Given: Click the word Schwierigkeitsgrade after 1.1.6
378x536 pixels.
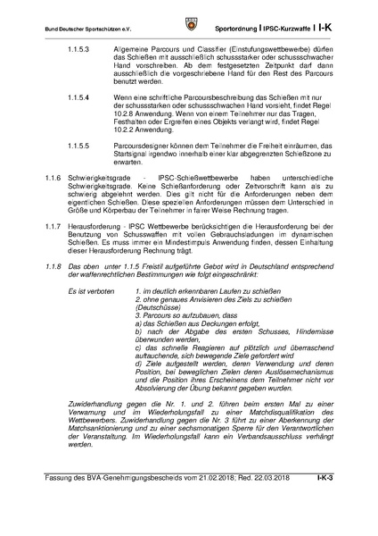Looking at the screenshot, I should point(97,178).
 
